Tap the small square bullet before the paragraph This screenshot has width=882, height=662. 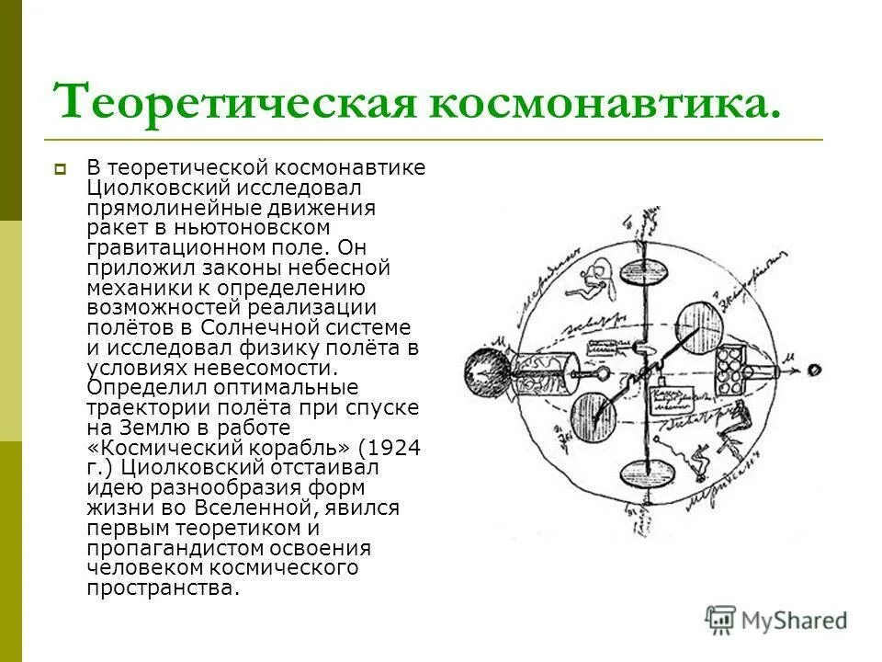61,169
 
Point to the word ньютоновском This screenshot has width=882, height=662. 279,226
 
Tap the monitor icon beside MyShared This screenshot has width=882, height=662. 721,619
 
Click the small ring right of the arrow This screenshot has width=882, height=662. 814,370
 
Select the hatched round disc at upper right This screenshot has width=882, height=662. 702,323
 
